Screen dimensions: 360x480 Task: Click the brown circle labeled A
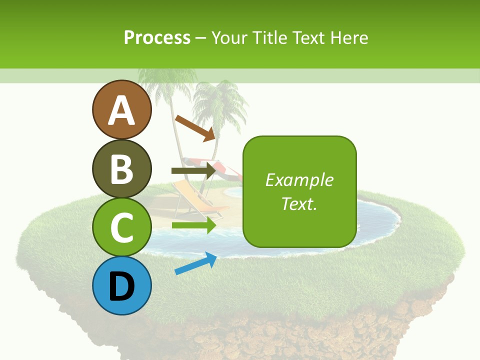click(122, 109)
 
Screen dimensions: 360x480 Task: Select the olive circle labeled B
click(122, 168)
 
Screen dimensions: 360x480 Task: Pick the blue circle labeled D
click(122, 285)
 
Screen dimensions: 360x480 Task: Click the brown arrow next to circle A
click(195, 127)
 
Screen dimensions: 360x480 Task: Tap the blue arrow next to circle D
click(195, 263)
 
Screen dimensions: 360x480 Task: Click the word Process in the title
click(157, 37)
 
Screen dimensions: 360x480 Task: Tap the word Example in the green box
click(299, 180)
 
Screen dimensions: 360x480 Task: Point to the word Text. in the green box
click(299, 203)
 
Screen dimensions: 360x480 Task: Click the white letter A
click(122, 110)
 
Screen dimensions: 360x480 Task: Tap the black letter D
click(122, 286)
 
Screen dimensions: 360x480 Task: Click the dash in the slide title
click(200, 38)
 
